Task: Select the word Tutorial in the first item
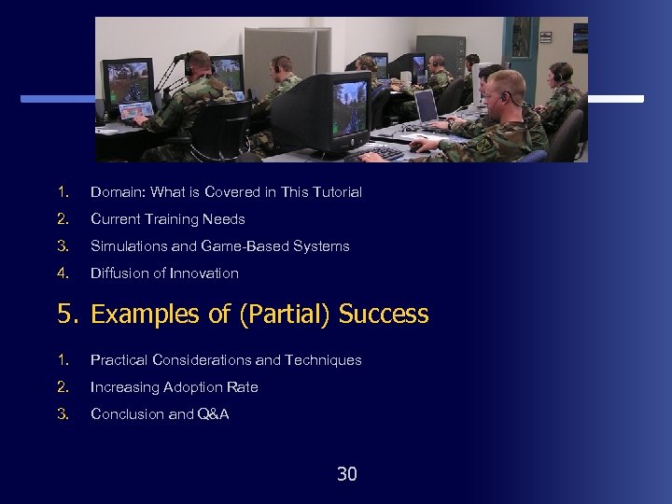click(x=337, y=192)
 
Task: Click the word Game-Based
click(x=243, y=246)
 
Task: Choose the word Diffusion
click(x=117, y=273)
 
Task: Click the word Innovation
click(x=204, y=273)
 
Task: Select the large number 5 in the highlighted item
click(x=64, y=315)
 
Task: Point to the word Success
click(x=384, y=315)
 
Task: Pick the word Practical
click(x=119, y=360)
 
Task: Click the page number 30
click(x=346, y=474)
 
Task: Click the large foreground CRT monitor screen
click(x=344, y=104)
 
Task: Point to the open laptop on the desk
click(x=427, y=107)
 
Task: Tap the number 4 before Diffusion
click(x=63, y=273)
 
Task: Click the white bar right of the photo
click(x=616, y=99)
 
